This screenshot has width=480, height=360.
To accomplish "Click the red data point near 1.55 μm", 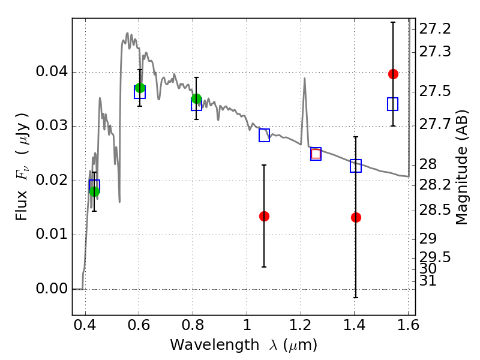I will point(393,74).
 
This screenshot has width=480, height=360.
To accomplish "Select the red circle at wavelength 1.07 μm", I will point(264,216).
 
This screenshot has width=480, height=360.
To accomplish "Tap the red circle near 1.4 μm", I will point(356,217).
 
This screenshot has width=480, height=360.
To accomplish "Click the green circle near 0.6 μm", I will point(140,88).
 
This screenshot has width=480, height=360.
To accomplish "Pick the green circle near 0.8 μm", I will point(196,99).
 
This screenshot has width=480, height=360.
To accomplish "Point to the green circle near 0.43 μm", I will point(94,191).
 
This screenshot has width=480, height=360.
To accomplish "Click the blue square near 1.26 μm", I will point(316,154).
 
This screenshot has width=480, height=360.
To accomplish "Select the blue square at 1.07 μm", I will point(264,135).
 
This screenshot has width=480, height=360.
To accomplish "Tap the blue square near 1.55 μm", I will point(393,104).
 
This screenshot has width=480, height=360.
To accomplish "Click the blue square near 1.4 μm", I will point(356,166).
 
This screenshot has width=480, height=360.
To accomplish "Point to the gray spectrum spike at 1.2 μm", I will point(304,79).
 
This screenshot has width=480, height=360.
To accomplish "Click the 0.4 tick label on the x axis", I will point(86,328).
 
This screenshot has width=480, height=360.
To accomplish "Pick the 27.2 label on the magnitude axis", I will point(434,29).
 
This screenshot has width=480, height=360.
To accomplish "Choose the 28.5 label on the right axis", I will point(434,210).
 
